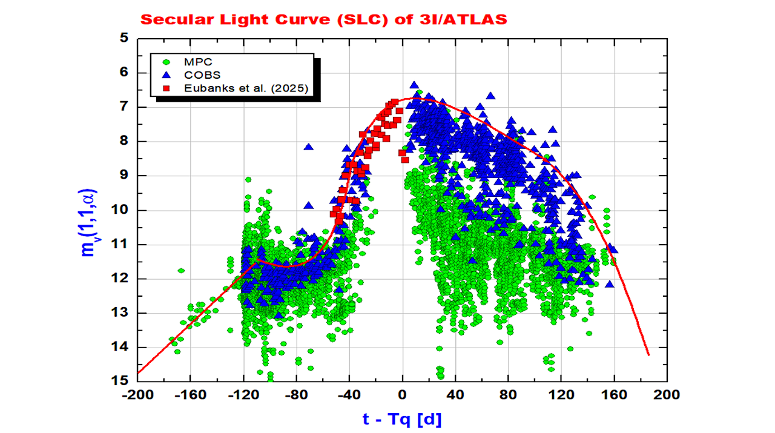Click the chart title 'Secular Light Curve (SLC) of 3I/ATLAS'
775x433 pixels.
(x=323, y=19)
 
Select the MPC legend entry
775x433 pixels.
(x=199, y=62)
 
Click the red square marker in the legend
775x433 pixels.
(x=166, y=88)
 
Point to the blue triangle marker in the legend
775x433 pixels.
(x=166, y=75)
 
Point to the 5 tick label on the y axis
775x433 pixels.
(x=125, y=38)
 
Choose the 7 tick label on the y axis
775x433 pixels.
(x=125, y=107)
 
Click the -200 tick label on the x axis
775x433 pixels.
(x=137, y=395)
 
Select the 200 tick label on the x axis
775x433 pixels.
(x=667, y=395)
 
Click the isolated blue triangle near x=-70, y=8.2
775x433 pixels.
(x=309, y=147)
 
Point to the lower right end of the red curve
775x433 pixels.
(x=648, y=355)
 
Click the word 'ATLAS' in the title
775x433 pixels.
(x=478, y=19)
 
